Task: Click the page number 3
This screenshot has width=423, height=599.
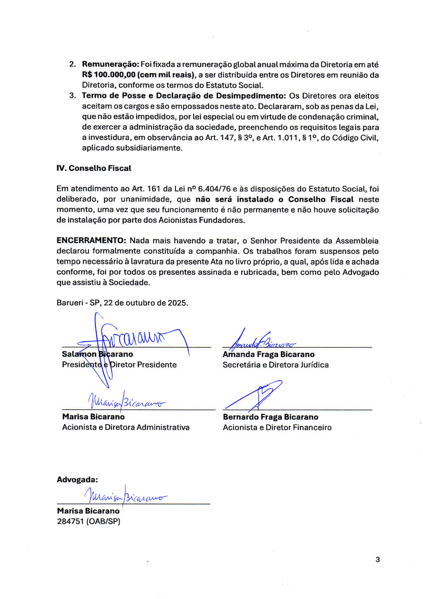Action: (378, 560)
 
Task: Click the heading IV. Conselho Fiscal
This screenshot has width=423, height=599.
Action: (94, 168)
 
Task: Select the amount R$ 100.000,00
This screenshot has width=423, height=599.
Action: (109, 75)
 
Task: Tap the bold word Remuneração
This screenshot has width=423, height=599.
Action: (110, 64)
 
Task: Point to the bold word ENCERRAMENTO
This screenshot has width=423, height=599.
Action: (91, 241)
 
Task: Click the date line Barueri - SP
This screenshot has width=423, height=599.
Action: (122, 303)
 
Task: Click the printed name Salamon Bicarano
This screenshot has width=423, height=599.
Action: (97, 354)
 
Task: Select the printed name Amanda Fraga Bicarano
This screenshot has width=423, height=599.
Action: (269, 354)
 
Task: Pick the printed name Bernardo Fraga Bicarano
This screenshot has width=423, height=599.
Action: (271, 417)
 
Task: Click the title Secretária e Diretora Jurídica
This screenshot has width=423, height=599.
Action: (276, 365)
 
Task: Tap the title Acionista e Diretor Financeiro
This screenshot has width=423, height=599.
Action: (277, 427)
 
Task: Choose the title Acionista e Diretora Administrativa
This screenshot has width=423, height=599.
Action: (126, 427)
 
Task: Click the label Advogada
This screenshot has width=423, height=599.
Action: (77, 480)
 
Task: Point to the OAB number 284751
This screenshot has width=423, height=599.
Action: (71, 521)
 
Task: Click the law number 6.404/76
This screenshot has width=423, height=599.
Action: (214, 189)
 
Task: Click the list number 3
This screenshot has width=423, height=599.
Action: (72, 96)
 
